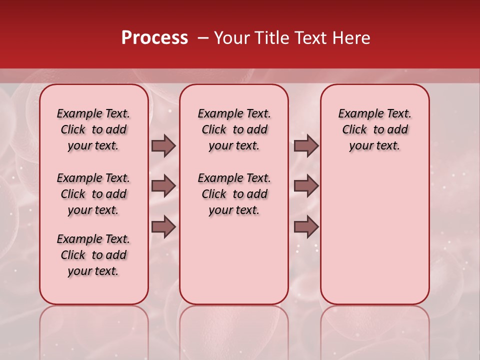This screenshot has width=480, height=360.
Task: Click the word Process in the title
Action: [154, 38]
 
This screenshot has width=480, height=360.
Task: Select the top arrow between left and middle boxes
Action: [163, 146]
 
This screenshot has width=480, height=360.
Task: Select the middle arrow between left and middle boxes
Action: [163, 186]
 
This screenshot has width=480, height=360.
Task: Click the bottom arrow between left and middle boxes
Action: [163, 227]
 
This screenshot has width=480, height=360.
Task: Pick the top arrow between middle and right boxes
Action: [306, 146]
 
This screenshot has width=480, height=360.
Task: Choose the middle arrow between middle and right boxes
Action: [306, 186]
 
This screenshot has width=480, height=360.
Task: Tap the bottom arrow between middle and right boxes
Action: [306, 227]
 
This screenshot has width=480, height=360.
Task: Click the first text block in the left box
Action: [93, 129]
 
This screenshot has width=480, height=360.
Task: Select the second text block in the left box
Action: [93, 194]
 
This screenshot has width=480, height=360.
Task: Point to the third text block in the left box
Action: [93, 255]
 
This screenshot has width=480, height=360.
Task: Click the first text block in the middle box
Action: [234, 129]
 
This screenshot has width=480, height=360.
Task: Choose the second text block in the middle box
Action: [234, 194]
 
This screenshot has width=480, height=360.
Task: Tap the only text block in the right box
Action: [374, 129]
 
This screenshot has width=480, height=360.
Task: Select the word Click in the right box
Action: [354, 130]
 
